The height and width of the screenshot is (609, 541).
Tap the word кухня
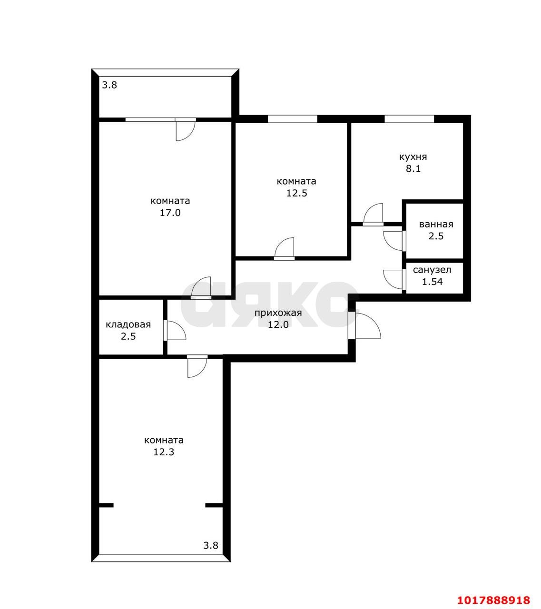tap(413, 157)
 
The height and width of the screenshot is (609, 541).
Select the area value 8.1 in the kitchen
tap(413, 168)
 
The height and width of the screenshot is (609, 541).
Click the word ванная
tap(436, 224)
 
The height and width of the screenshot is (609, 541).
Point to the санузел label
tap(432, 270)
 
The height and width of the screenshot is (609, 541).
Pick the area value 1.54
tap(433, 282)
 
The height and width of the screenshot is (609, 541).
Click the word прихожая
tap(278, 313)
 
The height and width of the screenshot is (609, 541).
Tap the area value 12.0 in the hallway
tap(278, 324)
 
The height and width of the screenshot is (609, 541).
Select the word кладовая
tap(128, 324)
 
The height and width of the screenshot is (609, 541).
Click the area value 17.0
tap(170, 213)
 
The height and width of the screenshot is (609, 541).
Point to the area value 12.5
tap(297, 193)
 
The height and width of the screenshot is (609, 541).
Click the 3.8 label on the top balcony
tap(109, 85)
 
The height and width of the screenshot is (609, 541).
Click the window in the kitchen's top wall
tap(409, 119)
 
